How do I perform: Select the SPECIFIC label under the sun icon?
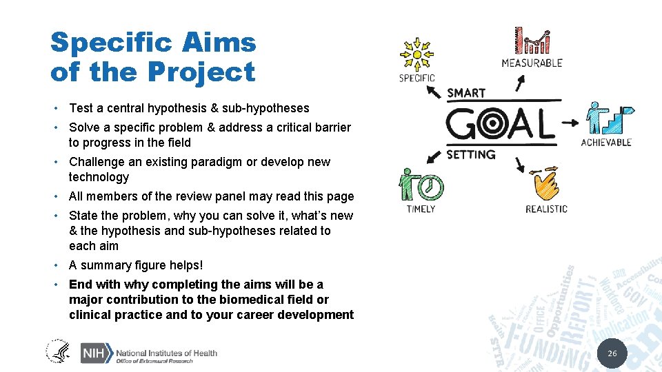pyautogui.click(x=417, y=79)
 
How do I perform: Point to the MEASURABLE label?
pyautogui.click(x=532, y=63)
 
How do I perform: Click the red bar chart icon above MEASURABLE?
pyautogui.click(x=532, y=40)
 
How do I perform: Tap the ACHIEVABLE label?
pyautogui.click(x=606, y=143)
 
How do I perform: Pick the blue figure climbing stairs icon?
pyautogui.click(x=607, y=118)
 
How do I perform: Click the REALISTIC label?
pyautogui.click(x=546, y=209)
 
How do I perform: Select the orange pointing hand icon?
pyautogui.click(x=545, y=185)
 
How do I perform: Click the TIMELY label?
pyautogui.click(x=421, y=209)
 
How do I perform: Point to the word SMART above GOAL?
pyautogui.click(x=466, y=92)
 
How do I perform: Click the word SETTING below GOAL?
pyautogui.click(x=471, y=154)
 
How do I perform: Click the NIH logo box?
pyautogui.click(x=94, y=353)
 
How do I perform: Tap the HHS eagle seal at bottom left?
pyautogui.click(x=59, y=351)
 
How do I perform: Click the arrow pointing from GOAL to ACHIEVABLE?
pyautogui.click(x=570, y=124)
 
